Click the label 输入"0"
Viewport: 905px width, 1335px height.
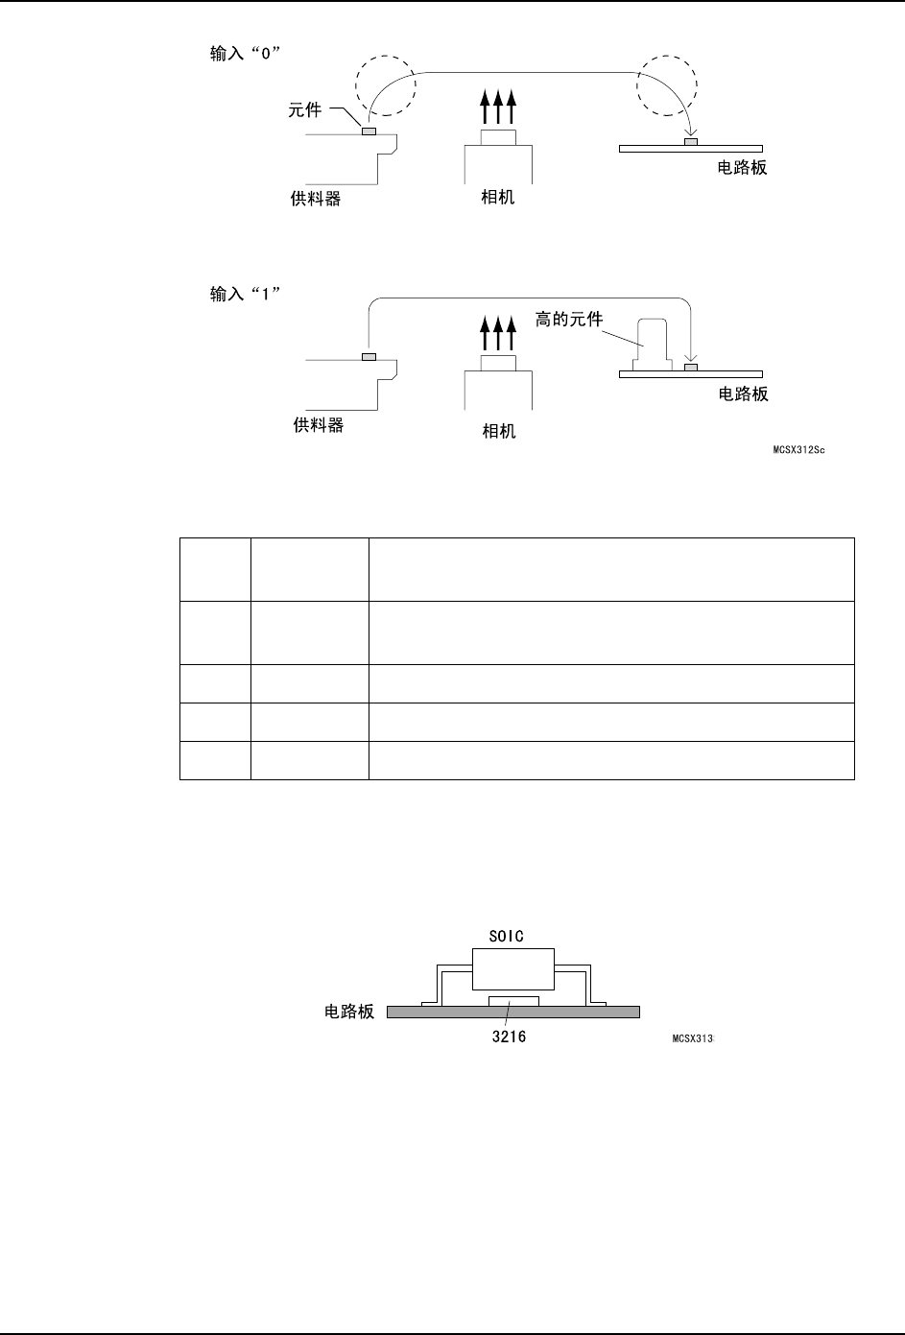pyautogui.click(x=245, y=55)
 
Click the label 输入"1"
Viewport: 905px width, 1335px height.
pyautogui.click(x=245, y=295)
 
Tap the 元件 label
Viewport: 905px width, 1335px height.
pyautogui.click(x=305, y=111)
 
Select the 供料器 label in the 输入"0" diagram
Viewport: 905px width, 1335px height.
pyautogui.click(x=316, y=201)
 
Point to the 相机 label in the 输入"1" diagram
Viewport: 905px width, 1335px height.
pyautogui.click(x=498, y=432)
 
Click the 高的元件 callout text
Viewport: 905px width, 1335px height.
pyautogui.click(x=569, y=319)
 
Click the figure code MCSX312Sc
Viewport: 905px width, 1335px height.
pyautogui.click(x=798, y=448)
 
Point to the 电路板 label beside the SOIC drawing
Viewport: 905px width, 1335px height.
pyautogui.click(x=349, y=1012)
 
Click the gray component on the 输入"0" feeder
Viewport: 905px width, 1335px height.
pyautogui.click(x=369, y=131)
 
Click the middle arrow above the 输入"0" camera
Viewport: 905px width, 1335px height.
pyautogui.click(x=498, y=107)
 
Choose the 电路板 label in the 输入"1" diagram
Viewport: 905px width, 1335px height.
pyautogui.click(x=743, y=394)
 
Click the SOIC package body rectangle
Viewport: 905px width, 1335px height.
pyautogui.click(x=513, y=968)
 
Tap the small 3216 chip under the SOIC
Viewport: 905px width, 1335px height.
pyautogui.click(x=513, y=1001)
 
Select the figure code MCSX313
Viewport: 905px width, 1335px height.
pyautogui.click(x=689, y=1039)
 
